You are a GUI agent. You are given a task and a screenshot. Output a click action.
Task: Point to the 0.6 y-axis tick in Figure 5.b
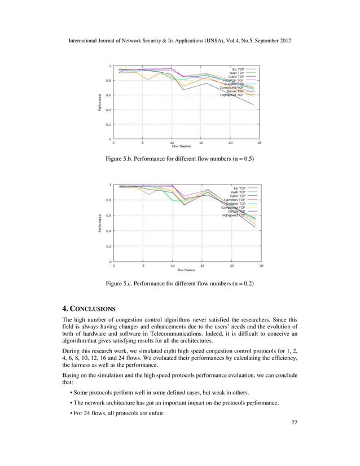(x=108, y=95)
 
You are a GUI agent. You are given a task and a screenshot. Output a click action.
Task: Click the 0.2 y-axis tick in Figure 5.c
(x=108, y=246)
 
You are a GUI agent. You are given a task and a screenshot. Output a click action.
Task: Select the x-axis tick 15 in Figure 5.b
(x=201, y=143)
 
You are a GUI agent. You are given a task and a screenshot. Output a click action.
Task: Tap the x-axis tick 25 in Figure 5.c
(x=261, y=265)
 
